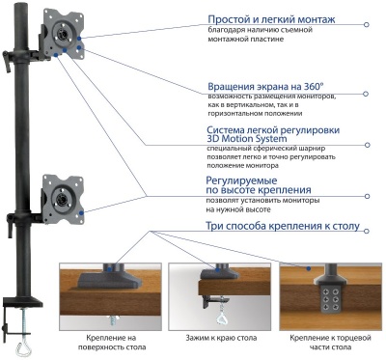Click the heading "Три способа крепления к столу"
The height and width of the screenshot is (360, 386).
283,227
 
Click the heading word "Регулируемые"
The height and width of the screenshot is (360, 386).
242,180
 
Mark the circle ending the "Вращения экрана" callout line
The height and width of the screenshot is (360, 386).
365,94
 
